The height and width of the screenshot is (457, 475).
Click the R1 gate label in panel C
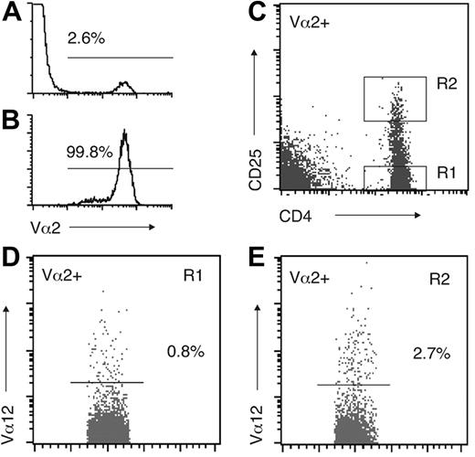pyautogui.click(x=447, y=171)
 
